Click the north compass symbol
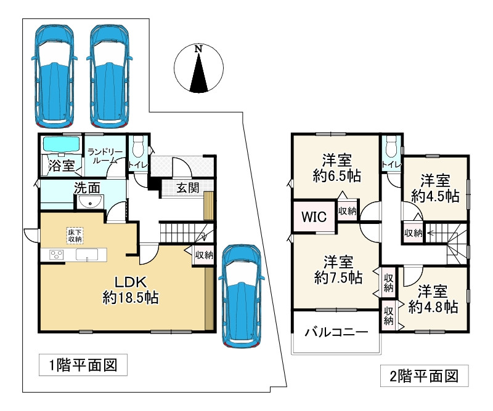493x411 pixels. tap(198, 70)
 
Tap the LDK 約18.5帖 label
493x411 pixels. tap(131, 290)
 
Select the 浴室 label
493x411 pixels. tap(62, 166)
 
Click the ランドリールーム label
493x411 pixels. tap(105, 156)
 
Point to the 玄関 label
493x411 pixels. tap(188, 188)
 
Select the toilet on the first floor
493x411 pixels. tap(139, 148)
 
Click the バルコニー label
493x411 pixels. tap(336, 332)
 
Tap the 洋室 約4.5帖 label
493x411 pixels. tap(435, 188)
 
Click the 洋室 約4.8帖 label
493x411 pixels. tap(434, 298)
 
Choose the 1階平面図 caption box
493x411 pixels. tap(83, 365)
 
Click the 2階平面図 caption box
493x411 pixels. tap(425, 375)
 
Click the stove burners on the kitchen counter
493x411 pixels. tap(55, 255)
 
